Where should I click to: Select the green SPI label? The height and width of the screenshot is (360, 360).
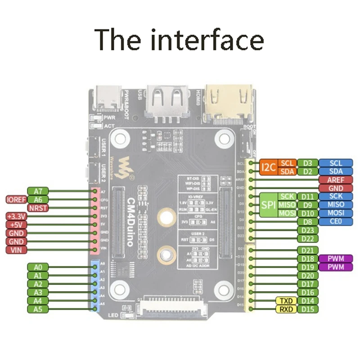tap(268, 205)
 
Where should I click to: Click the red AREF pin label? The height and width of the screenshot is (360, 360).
tap(335, 180)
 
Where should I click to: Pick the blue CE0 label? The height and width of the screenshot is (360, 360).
tap(335, 221)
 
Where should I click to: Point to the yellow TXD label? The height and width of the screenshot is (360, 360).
tap(286, 301)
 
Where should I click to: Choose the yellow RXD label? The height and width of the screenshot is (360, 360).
tap(286, 309)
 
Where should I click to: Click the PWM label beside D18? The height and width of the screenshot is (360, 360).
tap(335, 259)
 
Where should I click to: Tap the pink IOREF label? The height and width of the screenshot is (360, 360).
tap(15, 199)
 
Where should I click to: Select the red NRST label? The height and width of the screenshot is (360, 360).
tap(38, 208)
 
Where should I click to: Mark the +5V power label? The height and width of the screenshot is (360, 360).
tap(16, 225)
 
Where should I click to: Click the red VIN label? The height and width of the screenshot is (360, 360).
tap(16, 250)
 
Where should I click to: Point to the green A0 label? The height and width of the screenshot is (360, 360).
tap(38, 267)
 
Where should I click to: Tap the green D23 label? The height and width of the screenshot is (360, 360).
tap(308, 230)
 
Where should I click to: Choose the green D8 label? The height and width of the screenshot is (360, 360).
tap(308, 221)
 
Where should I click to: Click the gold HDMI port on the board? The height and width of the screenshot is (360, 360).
tap(229, 101)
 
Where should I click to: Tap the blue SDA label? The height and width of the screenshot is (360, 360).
tap(335, 171)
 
